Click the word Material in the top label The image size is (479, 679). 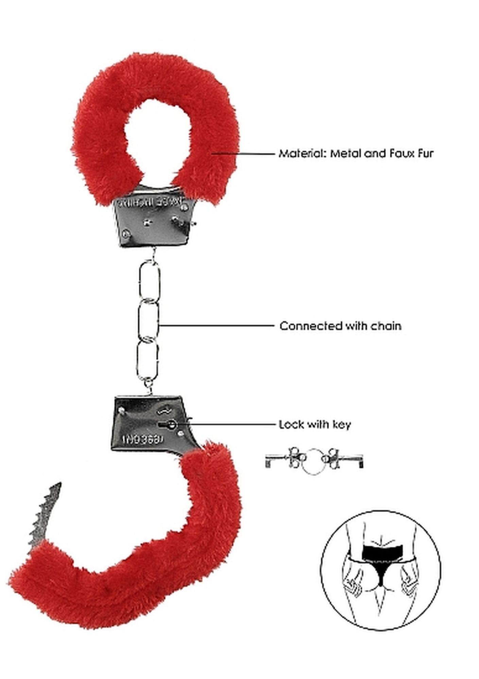click(300, 153)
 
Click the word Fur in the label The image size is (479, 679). click(425, 153)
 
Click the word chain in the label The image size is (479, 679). click(386, 326)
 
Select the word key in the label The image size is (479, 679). click(341, 425)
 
